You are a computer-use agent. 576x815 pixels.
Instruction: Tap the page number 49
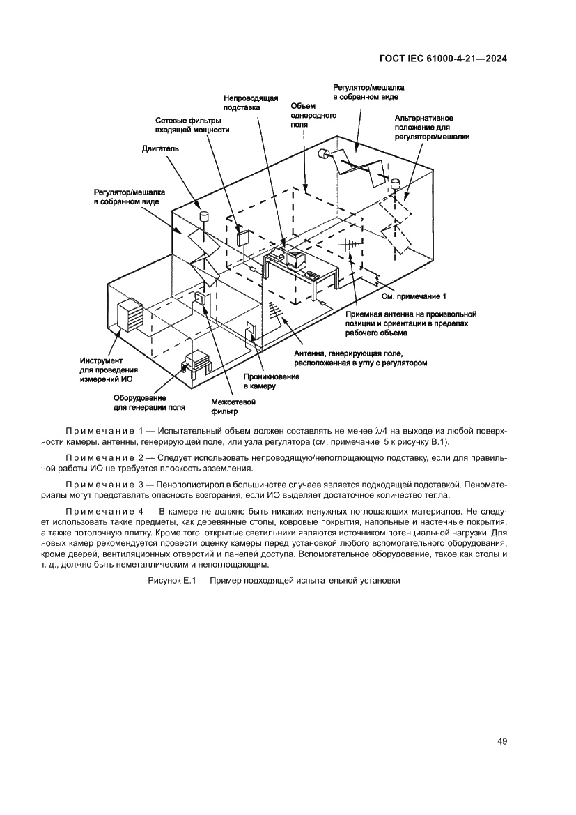[501, 740]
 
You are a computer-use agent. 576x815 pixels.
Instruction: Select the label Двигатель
[161, 148]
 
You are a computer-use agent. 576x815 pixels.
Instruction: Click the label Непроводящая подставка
[251, 103]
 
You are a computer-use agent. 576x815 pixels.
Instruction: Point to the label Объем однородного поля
[304, 115]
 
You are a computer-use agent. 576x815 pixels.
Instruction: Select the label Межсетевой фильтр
[233, 406]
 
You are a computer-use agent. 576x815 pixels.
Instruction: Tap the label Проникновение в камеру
[271, 381]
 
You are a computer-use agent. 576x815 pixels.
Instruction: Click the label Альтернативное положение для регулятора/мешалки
[431, 128]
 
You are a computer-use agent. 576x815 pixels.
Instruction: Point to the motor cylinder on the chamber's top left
[205, 216]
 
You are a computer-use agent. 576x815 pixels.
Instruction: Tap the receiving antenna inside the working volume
[349, 245]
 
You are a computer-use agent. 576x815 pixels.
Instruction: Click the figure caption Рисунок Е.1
[274, 580]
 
